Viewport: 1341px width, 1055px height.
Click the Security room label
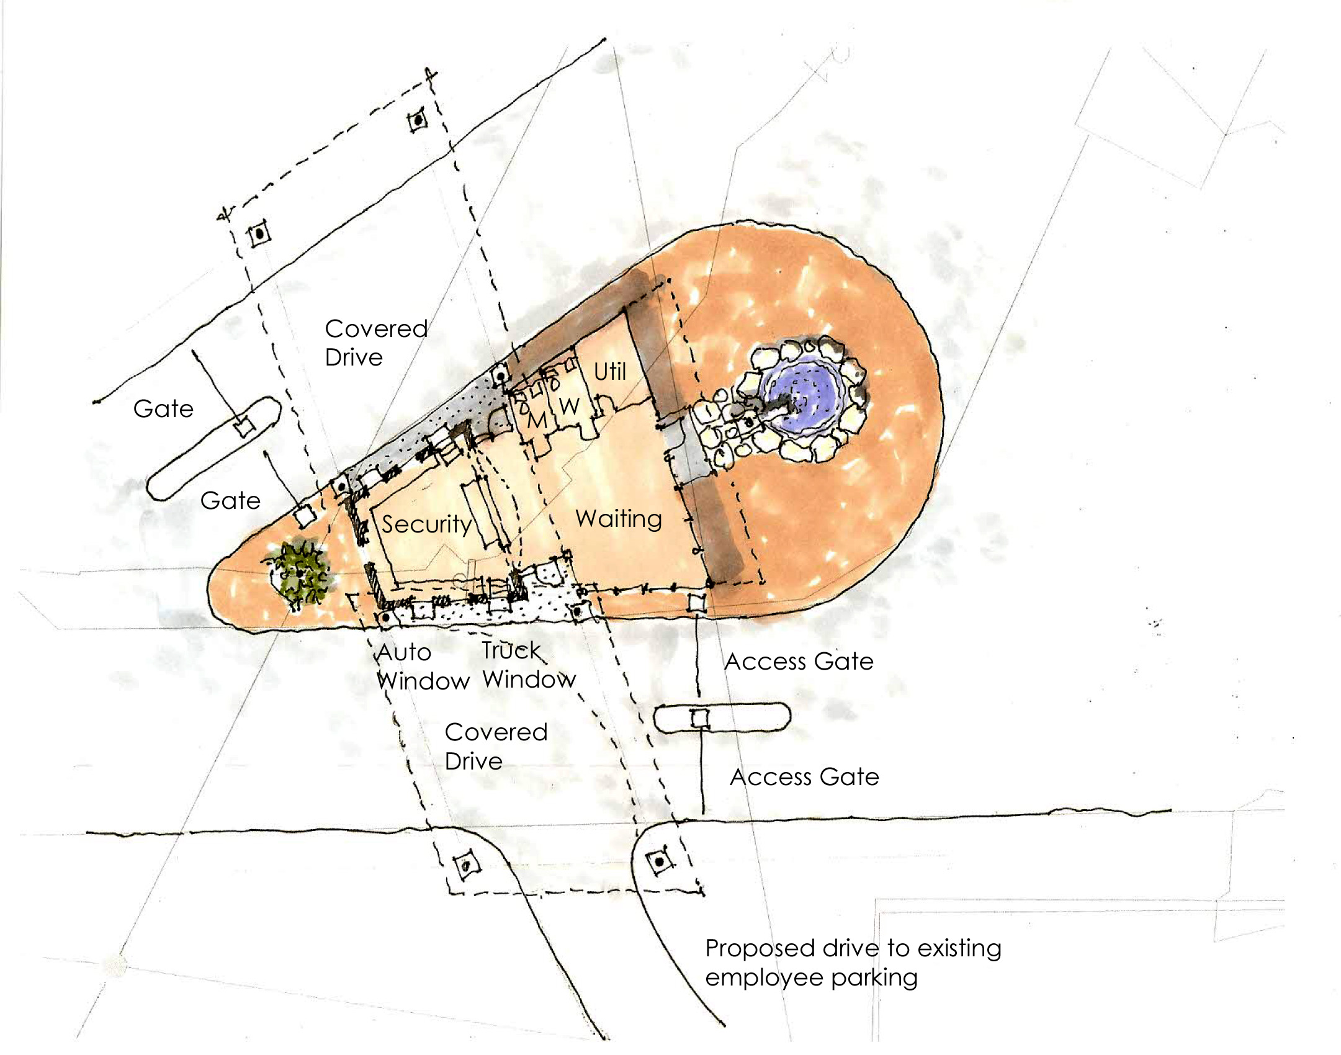coord(427,525)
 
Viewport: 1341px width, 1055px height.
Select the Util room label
coord(610,372)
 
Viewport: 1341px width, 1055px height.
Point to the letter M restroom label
coord(537,420)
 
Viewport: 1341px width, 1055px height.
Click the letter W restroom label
coord(570,406)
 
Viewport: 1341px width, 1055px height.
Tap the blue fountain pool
coord(804,393)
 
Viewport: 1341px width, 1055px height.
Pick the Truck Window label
coord(529,665)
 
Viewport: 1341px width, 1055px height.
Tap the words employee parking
coord(812,979)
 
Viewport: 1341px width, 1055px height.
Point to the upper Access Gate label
coord(799,662)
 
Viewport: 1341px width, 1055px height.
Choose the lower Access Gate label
coord(805,777)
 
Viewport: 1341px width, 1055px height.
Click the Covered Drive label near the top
coord(376,343)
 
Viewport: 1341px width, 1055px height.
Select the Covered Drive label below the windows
coord(496,747)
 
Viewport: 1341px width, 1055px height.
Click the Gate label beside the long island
coord(163,409)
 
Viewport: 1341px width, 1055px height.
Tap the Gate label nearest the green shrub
coord(230,501)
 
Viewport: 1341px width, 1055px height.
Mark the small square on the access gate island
coord(700,719)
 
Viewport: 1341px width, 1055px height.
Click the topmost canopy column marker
coord(419,119)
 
